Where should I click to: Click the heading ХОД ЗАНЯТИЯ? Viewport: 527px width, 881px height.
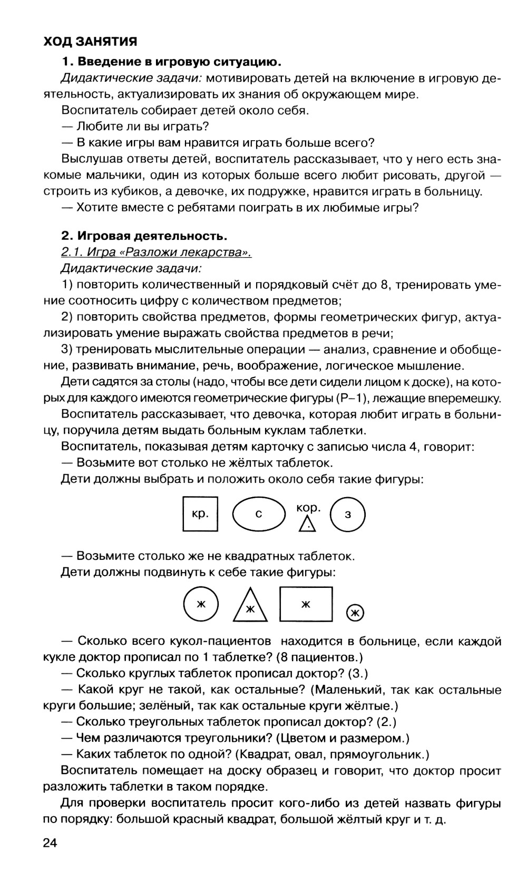click(x=90, y=42)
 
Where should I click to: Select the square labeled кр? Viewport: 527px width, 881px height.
click(x=200, y=514)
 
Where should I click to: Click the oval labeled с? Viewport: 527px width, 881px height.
click(x=258, y=514)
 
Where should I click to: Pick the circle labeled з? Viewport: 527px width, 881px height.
click(x=347, y=514)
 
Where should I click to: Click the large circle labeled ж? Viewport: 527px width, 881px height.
click(x=200, y=604)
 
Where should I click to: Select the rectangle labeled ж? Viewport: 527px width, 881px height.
click(x=306, y=604)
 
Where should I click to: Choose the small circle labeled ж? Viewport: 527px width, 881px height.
click(x=355, y=613)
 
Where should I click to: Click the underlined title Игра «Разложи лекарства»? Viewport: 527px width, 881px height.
click(x=157, y=253)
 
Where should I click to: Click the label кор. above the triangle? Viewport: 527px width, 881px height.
click(x=308, y=507)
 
